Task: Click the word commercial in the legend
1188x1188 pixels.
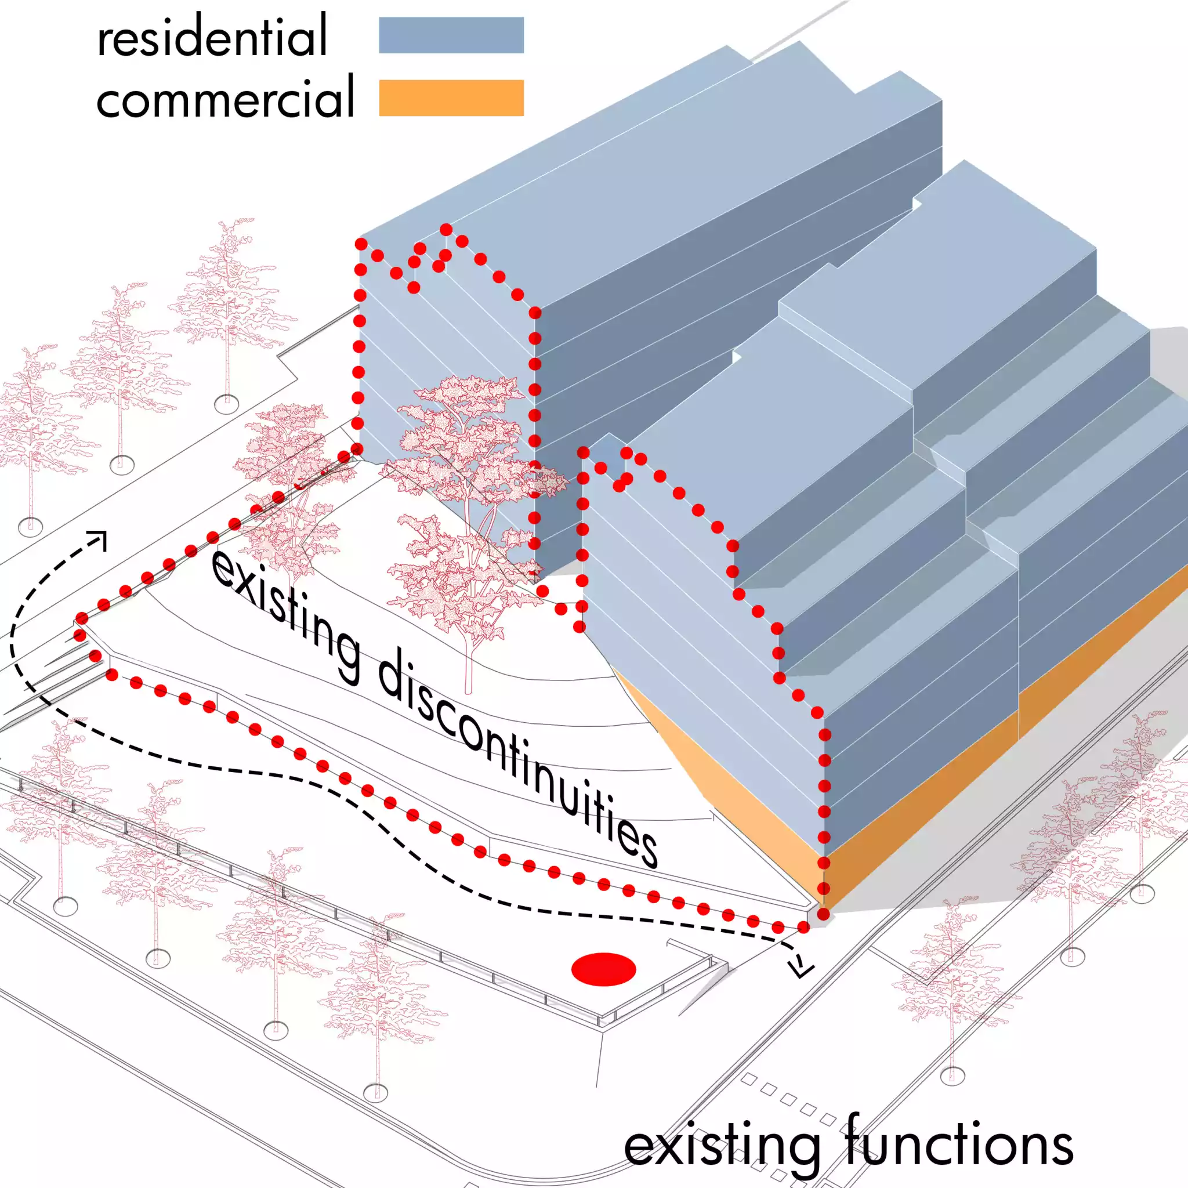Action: (x=225, y=96)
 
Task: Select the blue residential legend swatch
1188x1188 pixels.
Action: (x=451, y=35)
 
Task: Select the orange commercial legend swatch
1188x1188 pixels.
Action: (x=451, y=98)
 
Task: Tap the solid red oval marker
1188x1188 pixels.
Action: (x=603, y=970)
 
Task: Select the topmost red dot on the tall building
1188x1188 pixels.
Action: (x=446, y=229)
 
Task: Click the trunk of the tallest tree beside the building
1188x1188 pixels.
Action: (x=469, y=664)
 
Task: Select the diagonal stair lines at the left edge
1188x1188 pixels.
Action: (x=55, y=676)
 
